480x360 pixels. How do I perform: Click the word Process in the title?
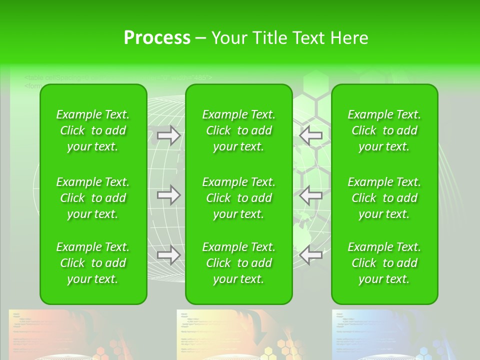pyautogui.click(x=157, y=38)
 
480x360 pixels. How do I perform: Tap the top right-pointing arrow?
pyautogui.click(x=168, y=135)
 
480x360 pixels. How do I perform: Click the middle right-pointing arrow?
pyautogui.click(x=168, y=195)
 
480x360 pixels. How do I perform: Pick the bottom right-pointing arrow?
pyautogui.click(x=168, y=255)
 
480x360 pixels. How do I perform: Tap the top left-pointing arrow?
pyautogui.click(x=311, y=135)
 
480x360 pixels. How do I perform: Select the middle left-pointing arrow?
pyautogui.click(x=311, y=195)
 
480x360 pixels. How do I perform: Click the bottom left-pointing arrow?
pyautogui.click(x=311, y=255)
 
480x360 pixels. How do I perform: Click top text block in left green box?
pyautogui.click(x=93, y=130)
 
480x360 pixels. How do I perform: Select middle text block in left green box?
pyautogui.click(x=93, y=198)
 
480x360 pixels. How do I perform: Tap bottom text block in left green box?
pyautogui.click(x=93, y=263)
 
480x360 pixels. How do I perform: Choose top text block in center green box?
pyautogui.click(x=238, y=130)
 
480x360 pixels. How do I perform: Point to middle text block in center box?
pyautogui.click(x=238, y=198)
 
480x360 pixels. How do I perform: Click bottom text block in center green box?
pyautogui.click(x=238, y=263)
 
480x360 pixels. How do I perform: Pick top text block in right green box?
pyautogui.click(x=384, y=130)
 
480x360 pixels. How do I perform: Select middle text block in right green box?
pyautogui.click(x=384, y=198)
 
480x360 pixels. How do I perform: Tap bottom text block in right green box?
pyautogui.click(x=384, y=263)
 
